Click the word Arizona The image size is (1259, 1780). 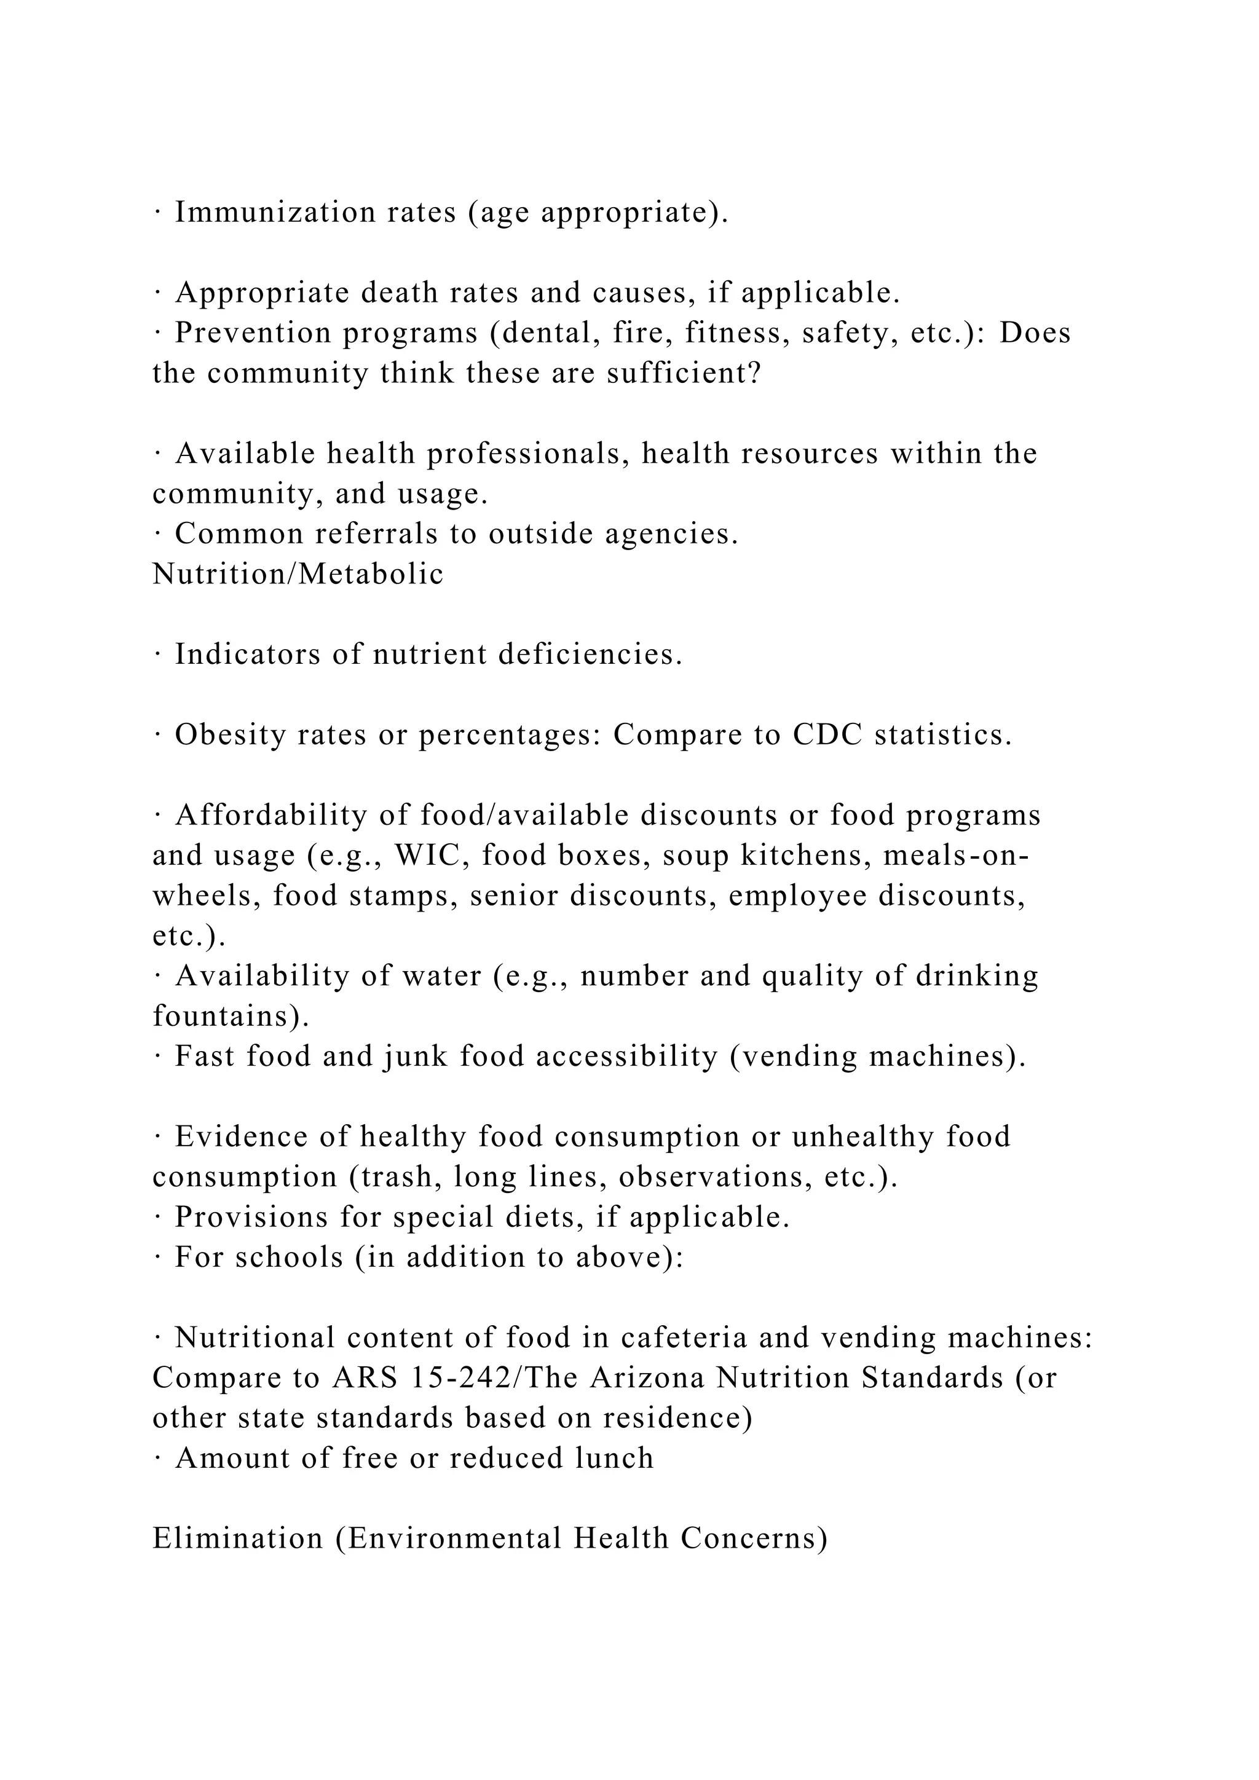(x=647, y=1377)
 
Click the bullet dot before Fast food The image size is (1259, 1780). (x=157, y=1056)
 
